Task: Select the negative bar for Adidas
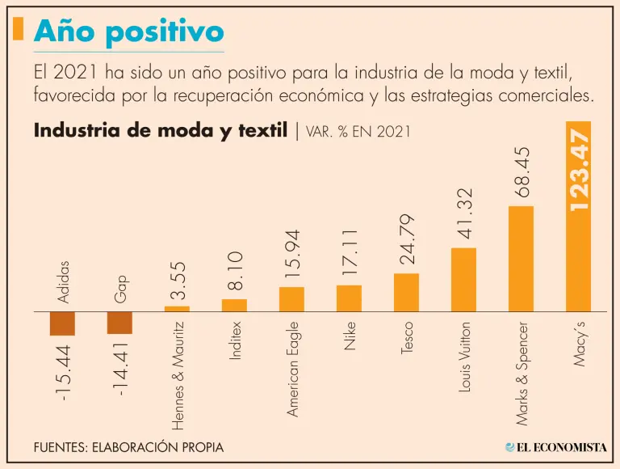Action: tap(62, 323)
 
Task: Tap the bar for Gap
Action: tap(119, 322)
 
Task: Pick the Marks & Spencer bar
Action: tap(521, 259)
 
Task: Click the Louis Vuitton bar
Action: tap(463, 279)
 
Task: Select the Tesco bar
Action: tap(406, 292)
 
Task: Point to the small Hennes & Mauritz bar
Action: tap(177, 308)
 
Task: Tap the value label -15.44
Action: tap(62, 371)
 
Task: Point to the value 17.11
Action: tap(350, 252)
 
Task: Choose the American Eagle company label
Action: tap(292, 369)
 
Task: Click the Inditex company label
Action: tap(235, 340)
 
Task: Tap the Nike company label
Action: tap(350, 333)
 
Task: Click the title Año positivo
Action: tap(128, 32)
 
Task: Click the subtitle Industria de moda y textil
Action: tap(161, 130)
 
